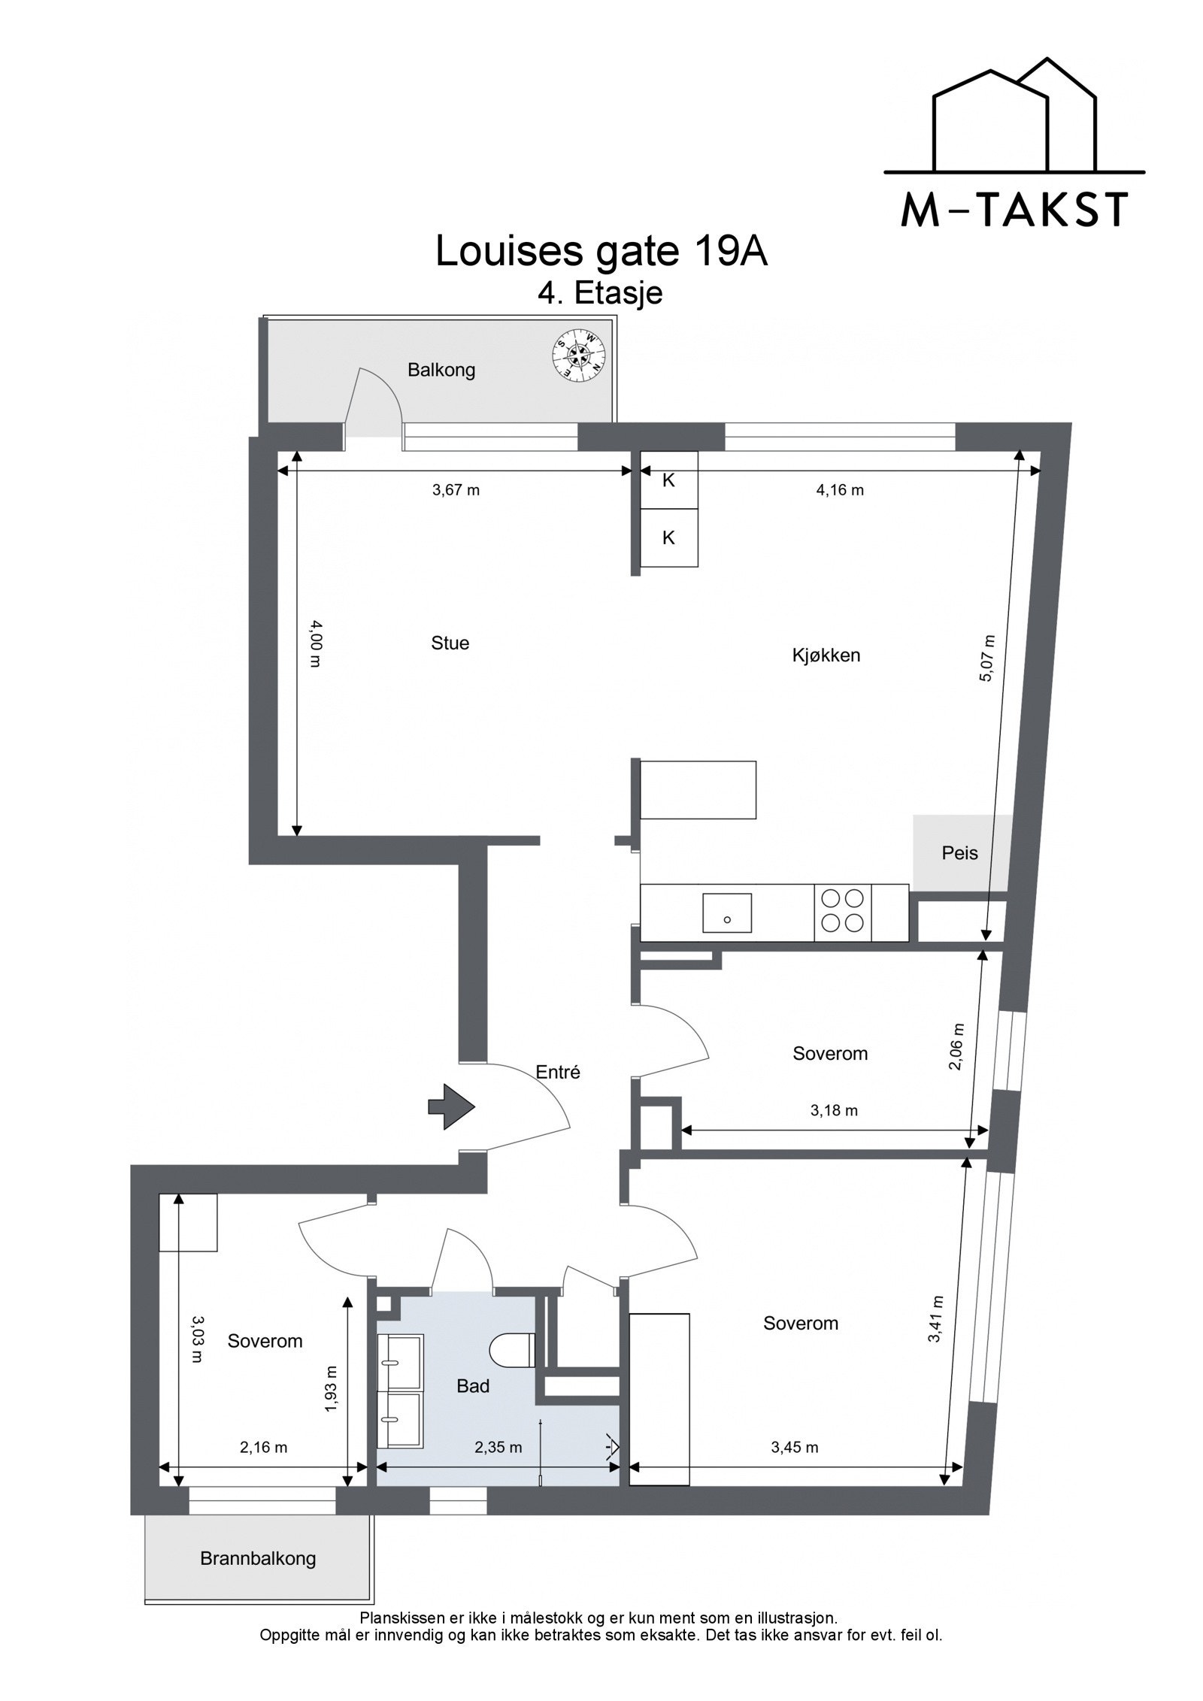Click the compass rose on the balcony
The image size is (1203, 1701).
577,353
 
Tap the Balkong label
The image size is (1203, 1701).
441,370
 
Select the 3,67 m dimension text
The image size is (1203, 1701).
456,490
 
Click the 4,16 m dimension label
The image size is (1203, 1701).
839,490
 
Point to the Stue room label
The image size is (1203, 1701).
450,643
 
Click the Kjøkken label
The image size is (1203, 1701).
826,655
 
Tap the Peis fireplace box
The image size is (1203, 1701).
960,852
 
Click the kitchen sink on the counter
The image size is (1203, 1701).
726,913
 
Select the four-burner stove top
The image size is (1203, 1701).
842,910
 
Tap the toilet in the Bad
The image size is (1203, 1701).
512,1350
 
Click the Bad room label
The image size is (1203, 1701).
473,1386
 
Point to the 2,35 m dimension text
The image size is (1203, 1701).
498,1447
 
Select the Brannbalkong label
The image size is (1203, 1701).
258,1558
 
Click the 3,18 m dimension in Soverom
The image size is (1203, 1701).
834,1110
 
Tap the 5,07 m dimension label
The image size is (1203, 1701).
987,658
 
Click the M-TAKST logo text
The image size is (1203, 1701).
1014,210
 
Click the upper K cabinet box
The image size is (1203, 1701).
668,480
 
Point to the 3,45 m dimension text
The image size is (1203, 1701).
795,1447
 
